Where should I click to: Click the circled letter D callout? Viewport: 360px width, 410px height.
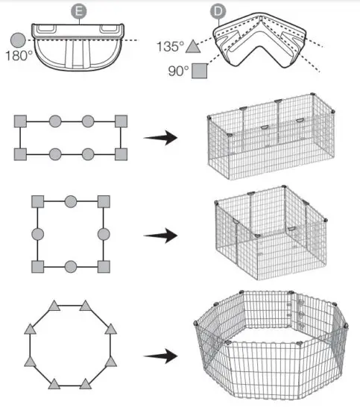click(217, 13)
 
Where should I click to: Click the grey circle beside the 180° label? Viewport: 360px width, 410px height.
click(16, 40)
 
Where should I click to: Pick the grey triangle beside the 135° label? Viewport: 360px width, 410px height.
click(193, 46)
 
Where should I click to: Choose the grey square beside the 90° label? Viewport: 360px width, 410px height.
click(199, 72)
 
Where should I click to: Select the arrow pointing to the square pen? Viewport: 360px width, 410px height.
click(160, 235)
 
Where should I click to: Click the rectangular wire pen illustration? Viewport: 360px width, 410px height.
click(267, 138)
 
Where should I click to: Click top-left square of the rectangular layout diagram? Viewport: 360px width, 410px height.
click(21, 121)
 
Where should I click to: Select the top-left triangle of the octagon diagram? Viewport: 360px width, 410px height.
click(54, 306)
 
